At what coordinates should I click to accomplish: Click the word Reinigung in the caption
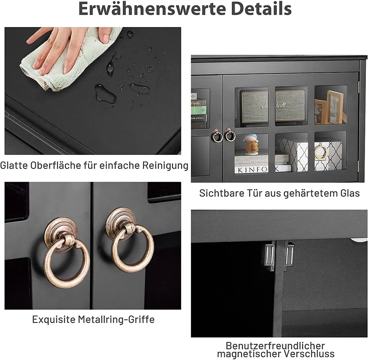pos(165,166)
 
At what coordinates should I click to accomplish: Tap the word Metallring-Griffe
pos(116,320)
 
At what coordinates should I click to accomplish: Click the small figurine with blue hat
pos(251,145)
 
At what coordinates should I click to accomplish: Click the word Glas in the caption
pos(350,193)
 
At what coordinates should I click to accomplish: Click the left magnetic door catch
pos(270,255)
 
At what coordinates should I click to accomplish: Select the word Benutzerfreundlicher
pos(275,346)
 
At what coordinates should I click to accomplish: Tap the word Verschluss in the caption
pos(309,354)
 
